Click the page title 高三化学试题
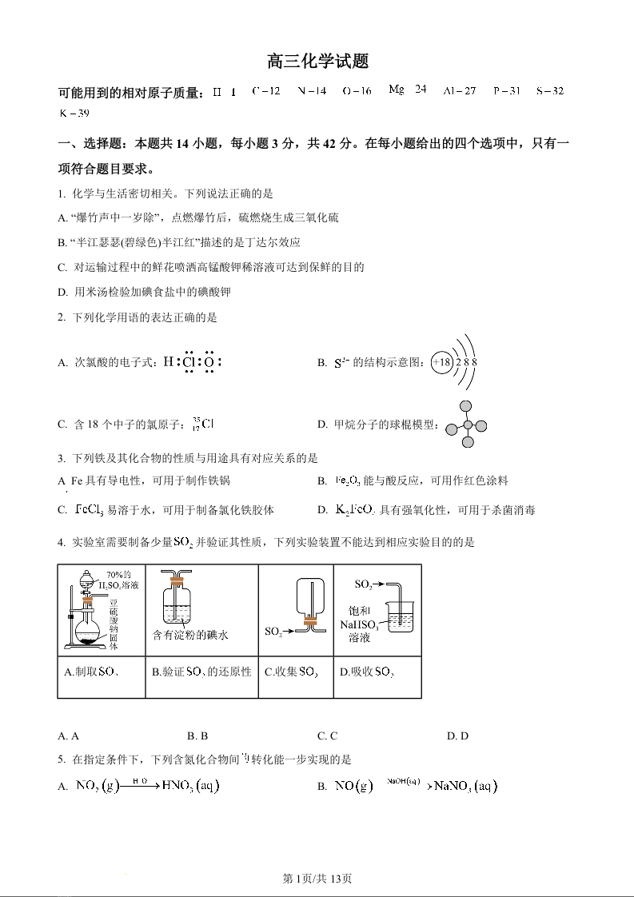coord(317,62)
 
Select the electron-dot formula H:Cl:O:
coord(192,362)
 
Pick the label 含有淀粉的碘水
coord(191,635)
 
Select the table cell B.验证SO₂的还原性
coord(201,672)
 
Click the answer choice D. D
coord(457,736)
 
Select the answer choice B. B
coord(197,736)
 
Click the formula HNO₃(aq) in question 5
coord(189,787)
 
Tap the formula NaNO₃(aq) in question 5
coord(465,787)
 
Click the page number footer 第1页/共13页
coord(317,879)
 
